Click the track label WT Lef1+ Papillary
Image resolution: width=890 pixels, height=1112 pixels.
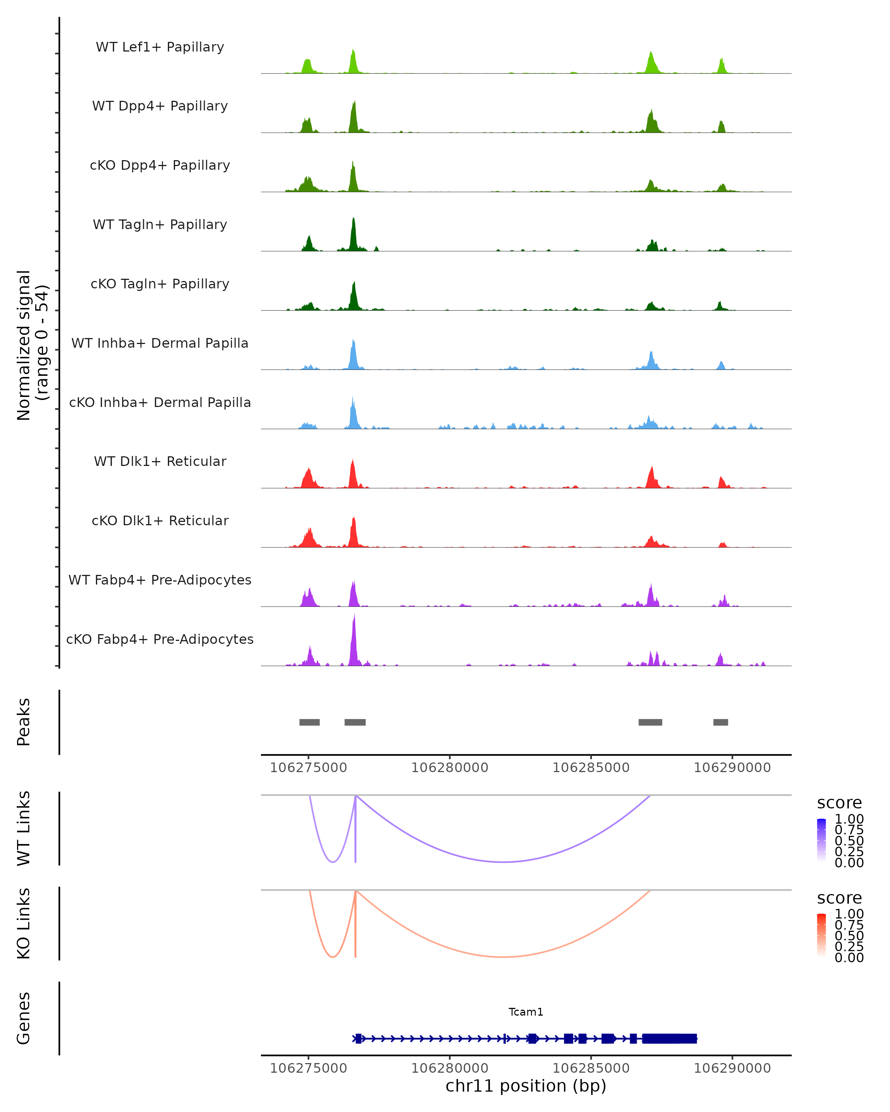(x=160, y=47)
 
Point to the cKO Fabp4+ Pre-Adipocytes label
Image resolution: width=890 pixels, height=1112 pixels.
(x=160, y=639)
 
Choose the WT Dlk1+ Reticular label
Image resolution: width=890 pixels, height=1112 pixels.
(x=160, y=461)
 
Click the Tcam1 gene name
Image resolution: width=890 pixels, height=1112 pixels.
(x=526, y=1012)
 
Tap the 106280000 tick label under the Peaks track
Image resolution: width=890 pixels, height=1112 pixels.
(x=449, y=768)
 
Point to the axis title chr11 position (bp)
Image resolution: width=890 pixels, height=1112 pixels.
(x=526, y=1086)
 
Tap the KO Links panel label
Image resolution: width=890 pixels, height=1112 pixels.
(x=24, y=923)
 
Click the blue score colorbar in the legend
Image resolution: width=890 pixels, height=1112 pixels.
(x=821, y=839)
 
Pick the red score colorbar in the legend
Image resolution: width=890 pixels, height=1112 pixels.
(x=821, y=934)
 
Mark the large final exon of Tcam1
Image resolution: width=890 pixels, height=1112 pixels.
(x=669, y=1038)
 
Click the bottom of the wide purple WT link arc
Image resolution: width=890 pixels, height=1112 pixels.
(x=503, y=862)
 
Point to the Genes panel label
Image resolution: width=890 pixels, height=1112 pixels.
(x=24, y=1018)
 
